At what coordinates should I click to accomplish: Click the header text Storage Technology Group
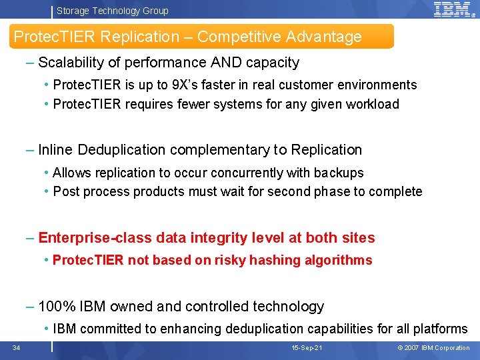pyautogui.click(x=112, y=11)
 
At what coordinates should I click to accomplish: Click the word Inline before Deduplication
pyautogui.click(x=56, y=149)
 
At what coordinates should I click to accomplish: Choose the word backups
pyautogui.click(x=339, y=173)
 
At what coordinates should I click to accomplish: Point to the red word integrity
pyautogui.click(x=217, y=237)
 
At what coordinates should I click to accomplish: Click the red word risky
pyautogui.click(x=229, y=260)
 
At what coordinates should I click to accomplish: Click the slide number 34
pyautogui.click(x=16, y=347)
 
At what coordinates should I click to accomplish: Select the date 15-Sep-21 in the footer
pyautogui.click(x=307, y=348)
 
